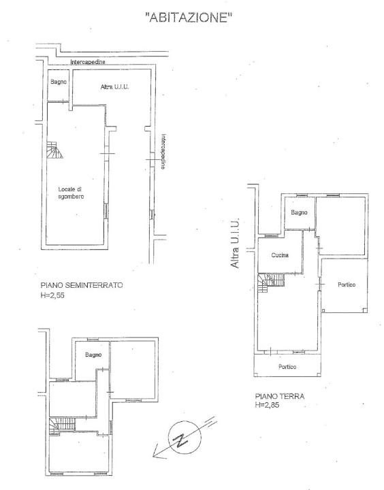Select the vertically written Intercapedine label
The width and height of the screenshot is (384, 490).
164,151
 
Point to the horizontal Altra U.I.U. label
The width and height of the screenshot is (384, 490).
115,87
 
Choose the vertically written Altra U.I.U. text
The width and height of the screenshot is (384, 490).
234,243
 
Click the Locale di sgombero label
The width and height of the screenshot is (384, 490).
70,192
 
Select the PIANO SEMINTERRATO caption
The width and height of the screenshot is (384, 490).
81,286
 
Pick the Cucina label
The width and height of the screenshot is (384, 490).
279,255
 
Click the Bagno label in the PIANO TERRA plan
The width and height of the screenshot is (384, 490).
299,212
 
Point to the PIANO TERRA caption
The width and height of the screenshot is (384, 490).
279,395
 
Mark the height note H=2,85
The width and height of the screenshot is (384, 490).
268,405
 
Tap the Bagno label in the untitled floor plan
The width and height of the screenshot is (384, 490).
93,355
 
